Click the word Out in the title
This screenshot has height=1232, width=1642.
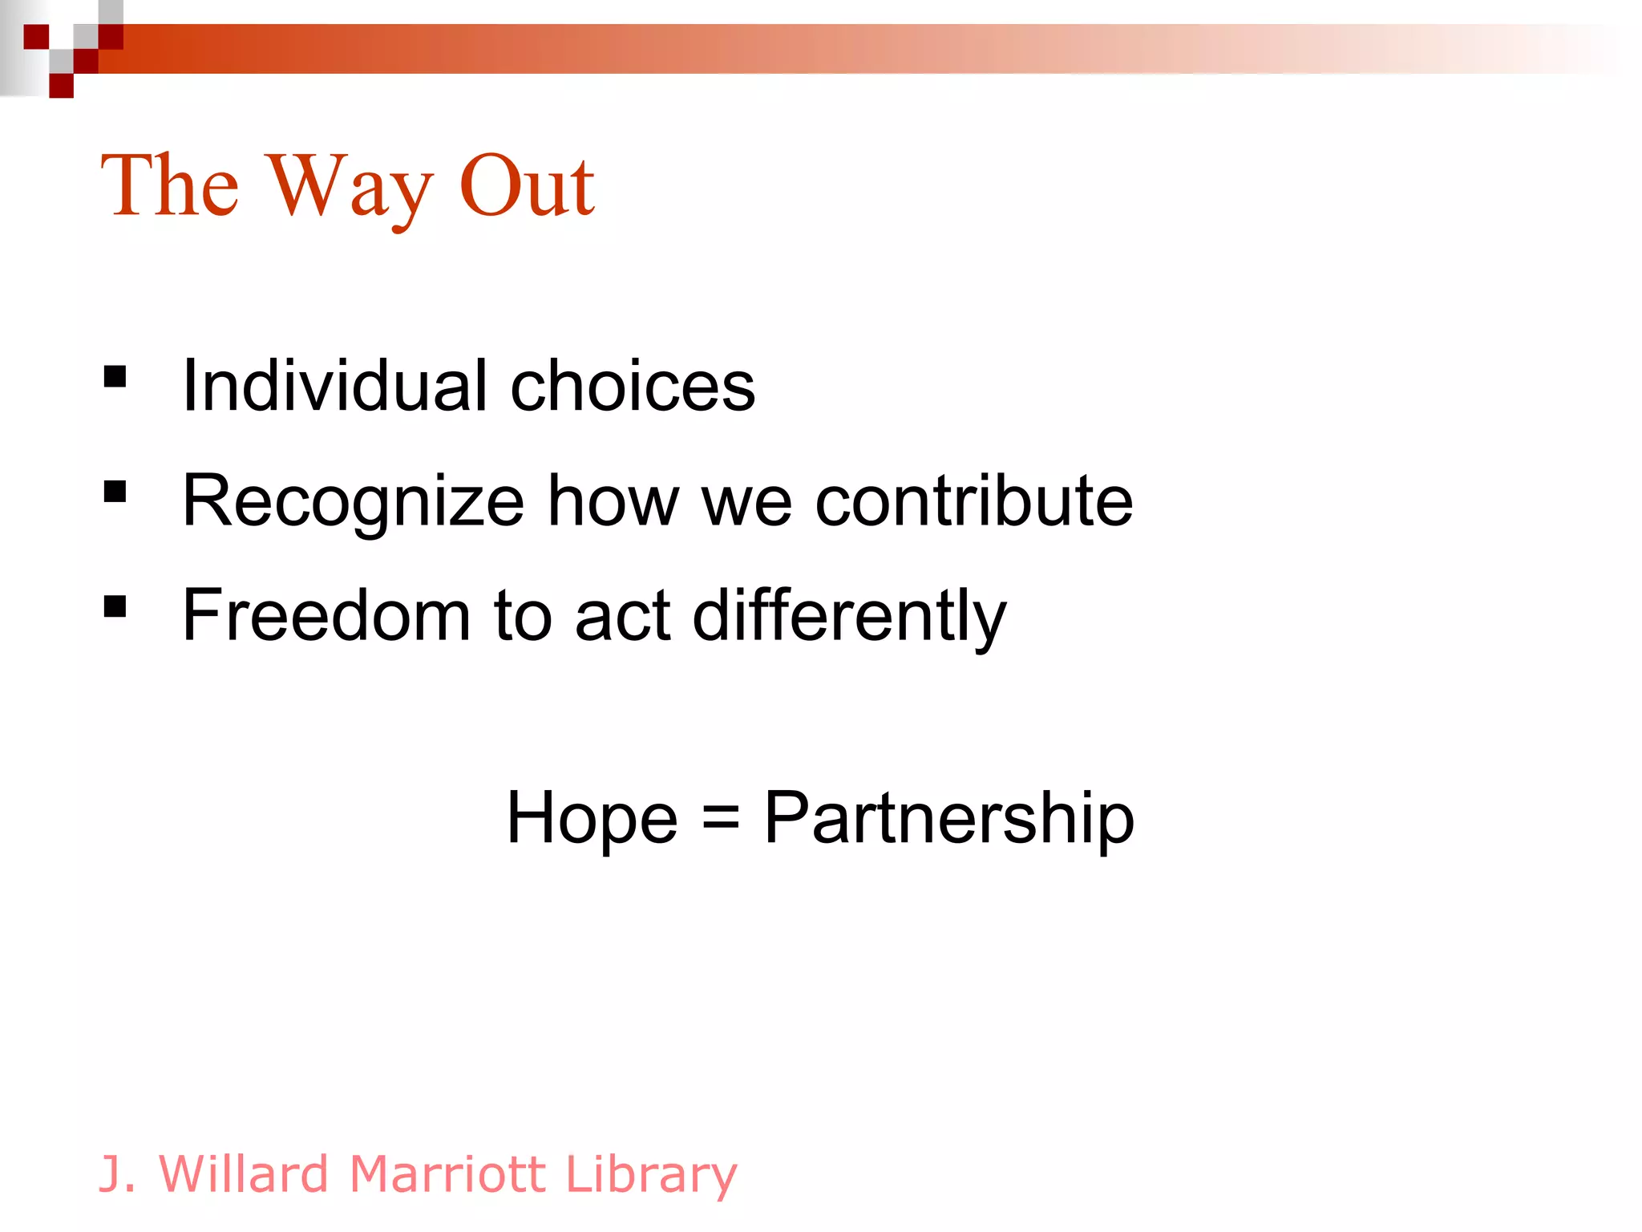526,186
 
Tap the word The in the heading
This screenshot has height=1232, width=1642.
169,186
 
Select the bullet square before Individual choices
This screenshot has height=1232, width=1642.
115,376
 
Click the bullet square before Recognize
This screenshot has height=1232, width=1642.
115,491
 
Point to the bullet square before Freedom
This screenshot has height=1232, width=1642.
115,606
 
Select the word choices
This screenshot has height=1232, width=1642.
633,387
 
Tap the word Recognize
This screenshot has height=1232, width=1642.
353,501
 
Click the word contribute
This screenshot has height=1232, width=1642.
973,501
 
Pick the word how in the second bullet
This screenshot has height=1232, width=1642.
613,501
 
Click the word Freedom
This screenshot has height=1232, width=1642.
326,616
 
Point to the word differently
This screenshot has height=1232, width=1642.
849,616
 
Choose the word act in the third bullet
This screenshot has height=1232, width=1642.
622,616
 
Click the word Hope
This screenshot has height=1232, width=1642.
592,818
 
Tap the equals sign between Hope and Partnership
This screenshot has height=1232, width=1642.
720,818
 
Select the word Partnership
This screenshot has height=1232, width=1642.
948,818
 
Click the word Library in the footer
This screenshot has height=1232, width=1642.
650,1174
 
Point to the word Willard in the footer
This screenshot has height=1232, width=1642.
244,1174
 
